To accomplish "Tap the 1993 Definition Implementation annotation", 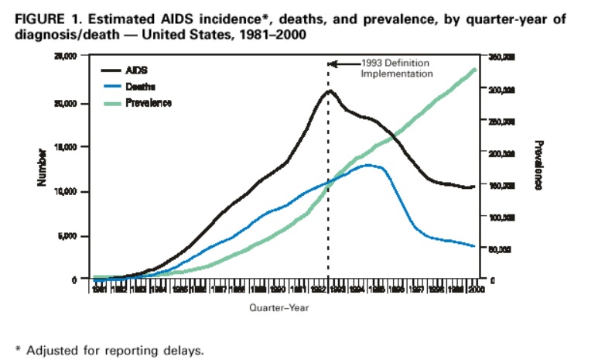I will click(x=397, y=68).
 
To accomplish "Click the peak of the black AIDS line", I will click(x=330, y=91).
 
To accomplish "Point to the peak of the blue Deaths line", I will click(x=371, y=165).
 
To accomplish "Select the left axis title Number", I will click(x=43, y=167).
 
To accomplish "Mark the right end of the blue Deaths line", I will click(x=473, y=246).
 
